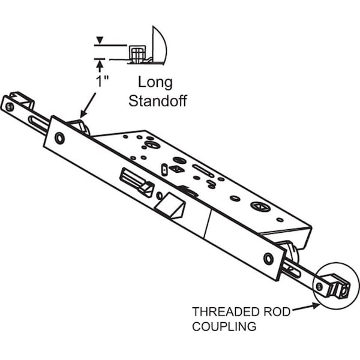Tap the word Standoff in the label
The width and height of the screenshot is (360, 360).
[x=158, y=100]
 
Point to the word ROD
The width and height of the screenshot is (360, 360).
[x=273, y=311]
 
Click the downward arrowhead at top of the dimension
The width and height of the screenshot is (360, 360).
[x=100, y=40]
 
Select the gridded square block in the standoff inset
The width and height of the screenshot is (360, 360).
[x=137, y=55]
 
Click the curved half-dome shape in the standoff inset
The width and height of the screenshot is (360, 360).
[x=160, y=44]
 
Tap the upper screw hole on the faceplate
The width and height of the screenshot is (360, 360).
[x=59, y=138]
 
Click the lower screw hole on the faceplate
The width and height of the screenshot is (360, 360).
[x=268, y=259]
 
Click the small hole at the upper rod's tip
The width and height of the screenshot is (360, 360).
[x=10, y=106]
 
